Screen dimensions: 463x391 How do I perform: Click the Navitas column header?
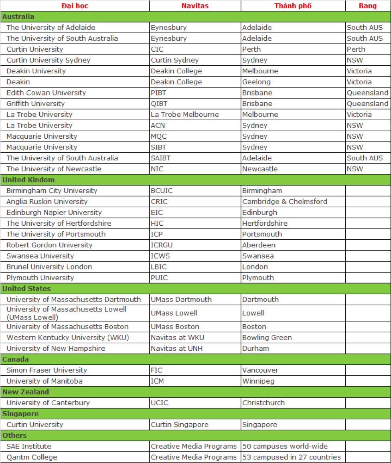(195, 6)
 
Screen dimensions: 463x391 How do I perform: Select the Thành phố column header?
(293, 6)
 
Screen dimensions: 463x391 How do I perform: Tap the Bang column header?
(368, 6)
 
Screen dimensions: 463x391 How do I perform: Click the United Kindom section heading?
(28, 180)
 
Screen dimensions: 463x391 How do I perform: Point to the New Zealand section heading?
(26, 392)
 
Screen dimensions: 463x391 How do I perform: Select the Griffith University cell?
(36, 103)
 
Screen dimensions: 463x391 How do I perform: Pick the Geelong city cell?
(257, 82)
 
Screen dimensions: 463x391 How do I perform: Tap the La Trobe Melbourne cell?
(185, 114)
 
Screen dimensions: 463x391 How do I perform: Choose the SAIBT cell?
(161, 158)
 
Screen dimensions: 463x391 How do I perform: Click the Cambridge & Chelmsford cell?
(285, 201)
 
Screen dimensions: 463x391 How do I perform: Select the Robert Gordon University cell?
(49, 245)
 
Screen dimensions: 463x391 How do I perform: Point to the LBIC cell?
(159, 267)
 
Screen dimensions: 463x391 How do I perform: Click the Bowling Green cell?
(267, 338)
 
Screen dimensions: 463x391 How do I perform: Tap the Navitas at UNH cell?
(177, 348)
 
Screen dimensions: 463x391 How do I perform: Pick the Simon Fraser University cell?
(47, 370)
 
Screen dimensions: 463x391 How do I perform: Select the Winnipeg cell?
(258, 381)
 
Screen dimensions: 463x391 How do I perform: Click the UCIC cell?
(160, 402)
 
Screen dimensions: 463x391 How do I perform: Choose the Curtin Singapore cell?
(180, 425)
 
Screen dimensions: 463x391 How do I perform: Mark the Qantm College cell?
(32, 457)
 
